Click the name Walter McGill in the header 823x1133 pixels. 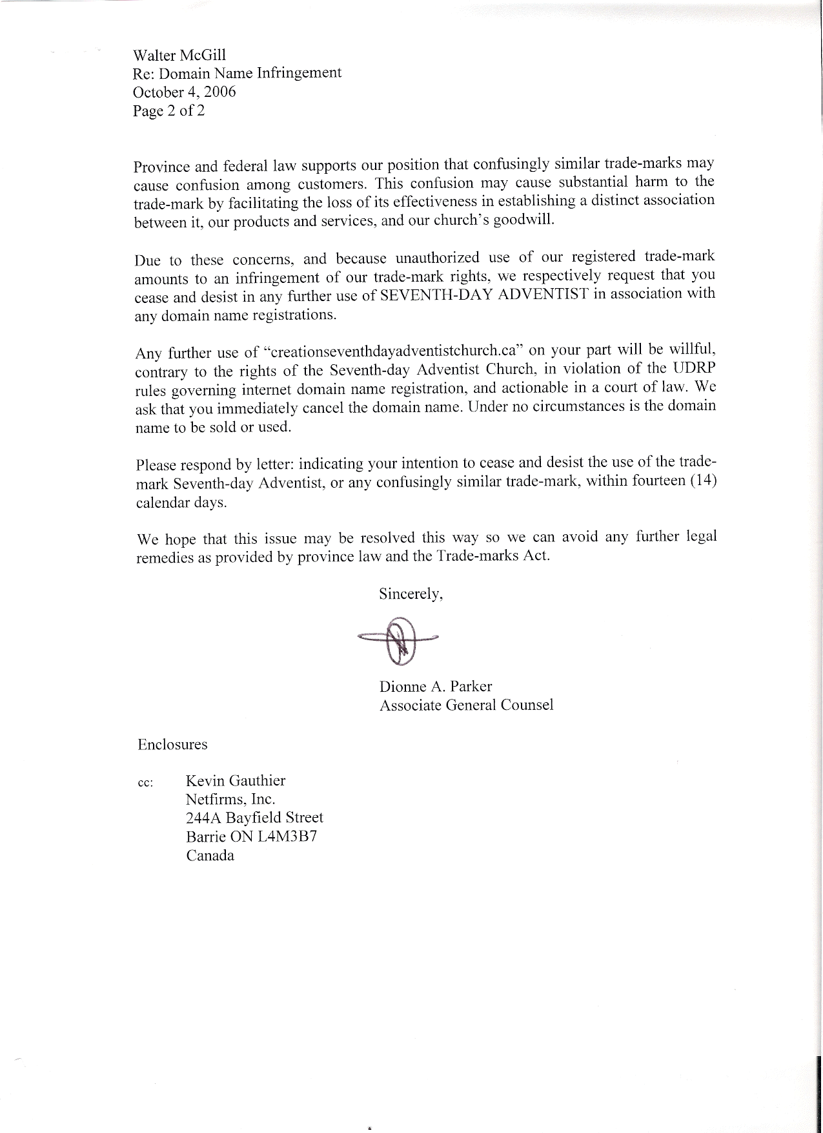[179, 54]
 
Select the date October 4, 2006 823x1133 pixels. [185, 92]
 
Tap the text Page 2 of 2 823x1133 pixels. [169, 110]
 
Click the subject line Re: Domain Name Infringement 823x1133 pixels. [237, 73]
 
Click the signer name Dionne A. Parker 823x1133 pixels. [436, 686]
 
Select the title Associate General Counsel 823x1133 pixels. [466, 705]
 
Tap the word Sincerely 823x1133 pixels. [411, 594]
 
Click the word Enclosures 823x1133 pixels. [172, 744]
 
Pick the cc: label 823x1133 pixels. [145, 783]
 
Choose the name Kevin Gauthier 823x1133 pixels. [236, 780]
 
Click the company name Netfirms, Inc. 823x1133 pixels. [230, 799]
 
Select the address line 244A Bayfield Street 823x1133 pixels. [254, 818]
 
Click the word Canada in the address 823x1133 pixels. [210, 855]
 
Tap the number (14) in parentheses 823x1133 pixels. [704, 482]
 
